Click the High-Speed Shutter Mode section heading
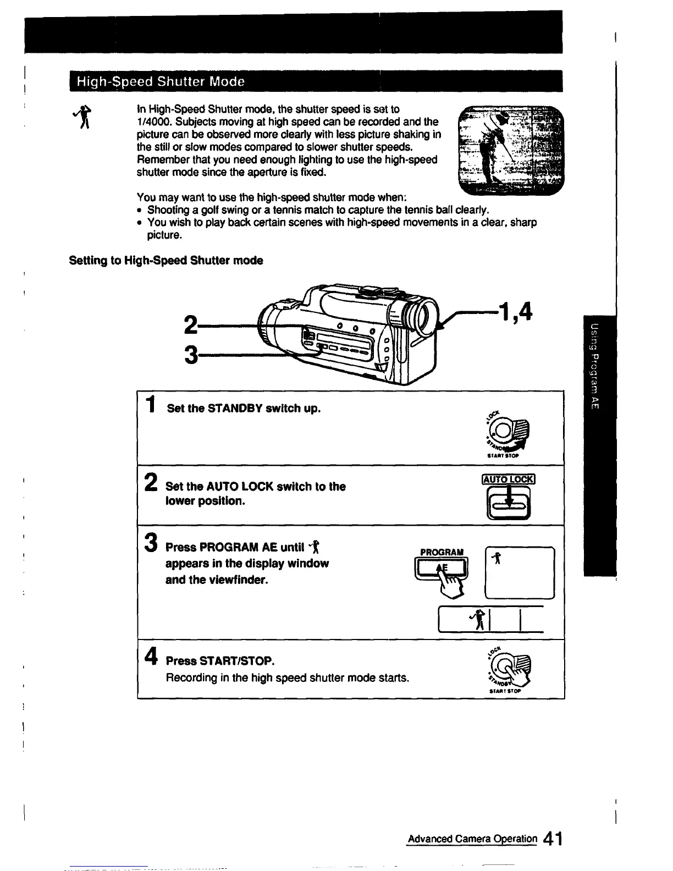coord(160,82)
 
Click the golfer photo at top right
coord(511,151)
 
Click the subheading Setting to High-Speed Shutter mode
coord(166,261)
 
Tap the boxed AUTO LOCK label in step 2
coord(507,479)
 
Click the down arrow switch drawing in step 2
coord(509,503)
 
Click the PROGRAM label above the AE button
coord(442,552)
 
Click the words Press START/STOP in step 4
coord(220,660)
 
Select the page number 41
coord(550,840)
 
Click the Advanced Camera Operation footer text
coord(472,839)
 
